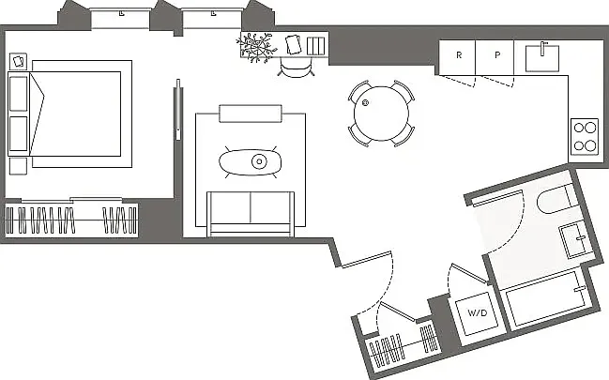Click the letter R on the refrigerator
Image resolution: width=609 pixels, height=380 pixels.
(459, 55)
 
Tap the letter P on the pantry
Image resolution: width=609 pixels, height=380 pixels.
(497, 55)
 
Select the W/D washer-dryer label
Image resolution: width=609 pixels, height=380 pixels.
(478, 312)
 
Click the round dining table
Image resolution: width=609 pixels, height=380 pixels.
(381, 114)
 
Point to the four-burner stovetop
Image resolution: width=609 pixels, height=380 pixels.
(585, 136)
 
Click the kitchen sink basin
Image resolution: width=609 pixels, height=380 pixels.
(542, 59)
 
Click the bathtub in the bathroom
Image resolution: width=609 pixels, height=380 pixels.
(547, 298)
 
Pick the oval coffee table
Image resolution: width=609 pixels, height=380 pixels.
(251, 162)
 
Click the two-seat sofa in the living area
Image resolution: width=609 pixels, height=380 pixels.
(251, 213)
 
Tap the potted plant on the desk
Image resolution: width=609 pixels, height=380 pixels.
(256, 48)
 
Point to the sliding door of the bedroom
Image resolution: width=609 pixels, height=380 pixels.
(178, 110)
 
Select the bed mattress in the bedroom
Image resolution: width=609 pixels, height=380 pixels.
(75, 114)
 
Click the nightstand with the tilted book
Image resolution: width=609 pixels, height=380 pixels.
(18, 61)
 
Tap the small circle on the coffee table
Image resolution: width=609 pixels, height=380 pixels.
(259, 161)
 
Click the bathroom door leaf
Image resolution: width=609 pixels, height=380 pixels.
(496, 198)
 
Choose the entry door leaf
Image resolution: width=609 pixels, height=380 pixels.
(366, 259)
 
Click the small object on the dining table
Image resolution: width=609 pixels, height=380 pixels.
(365, 103)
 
